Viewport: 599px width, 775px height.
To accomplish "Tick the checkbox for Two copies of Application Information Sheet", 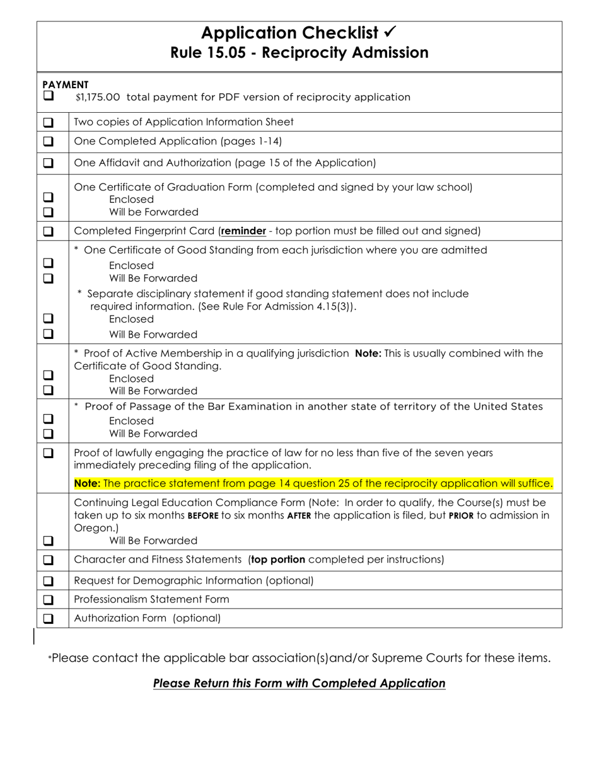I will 49,122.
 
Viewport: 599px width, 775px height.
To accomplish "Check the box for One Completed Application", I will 49,141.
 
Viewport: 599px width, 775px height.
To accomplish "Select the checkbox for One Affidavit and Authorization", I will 49,163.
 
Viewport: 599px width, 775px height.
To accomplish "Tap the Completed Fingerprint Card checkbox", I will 49,231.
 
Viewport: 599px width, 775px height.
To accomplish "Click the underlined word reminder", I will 243,231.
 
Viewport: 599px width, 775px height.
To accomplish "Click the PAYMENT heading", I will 66,84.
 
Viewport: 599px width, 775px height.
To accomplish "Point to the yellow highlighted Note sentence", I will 313,483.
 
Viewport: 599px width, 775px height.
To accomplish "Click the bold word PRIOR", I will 460,515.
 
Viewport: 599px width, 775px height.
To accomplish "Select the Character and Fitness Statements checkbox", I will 49,560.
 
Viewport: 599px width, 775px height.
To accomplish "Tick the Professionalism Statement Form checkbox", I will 49,599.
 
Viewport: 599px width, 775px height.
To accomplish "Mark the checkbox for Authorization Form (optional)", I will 49,619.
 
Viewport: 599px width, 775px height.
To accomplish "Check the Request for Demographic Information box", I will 49,580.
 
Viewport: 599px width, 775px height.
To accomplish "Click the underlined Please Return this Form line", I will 299,684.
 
